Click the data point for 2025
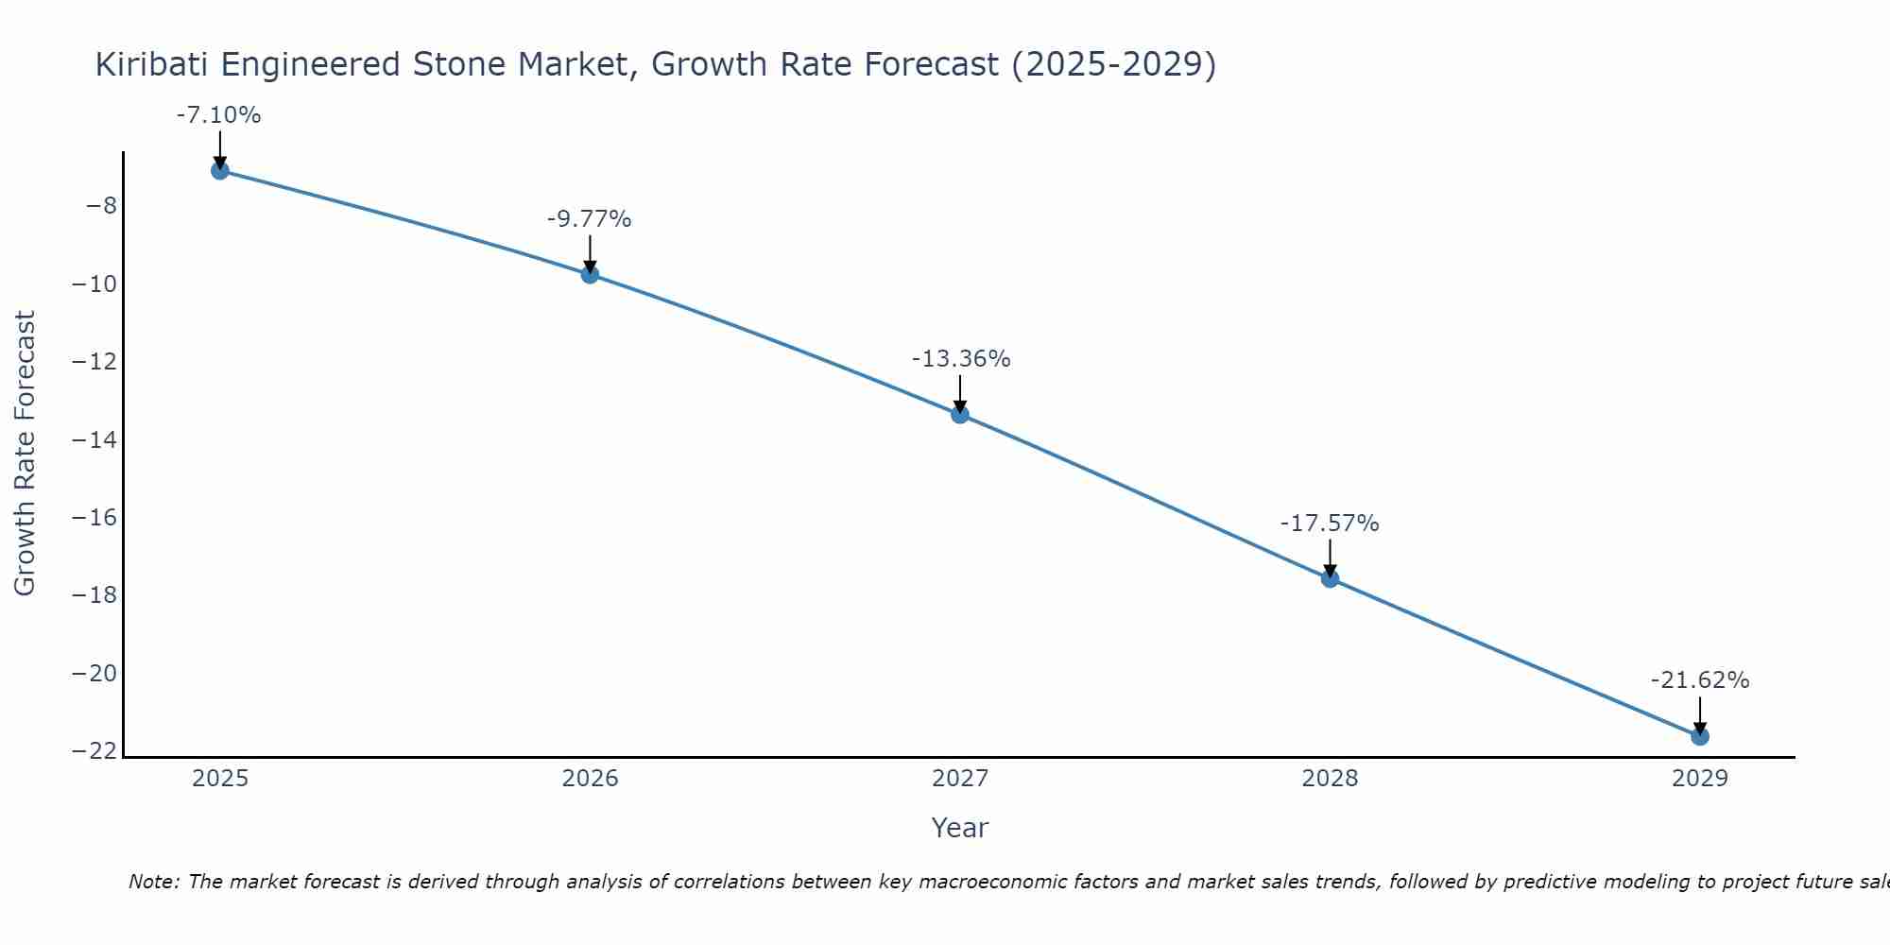coord(220,171)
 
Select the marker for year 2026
coord(590,275)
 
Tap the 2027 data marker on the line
coord(960,414)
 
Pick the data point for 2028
coord(1330,578)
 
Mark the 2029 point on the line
coord(1700,736)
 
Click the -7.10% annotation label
coord(218,115)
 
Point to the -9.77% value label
coord(589,219)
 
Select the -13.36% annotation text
coord(961,359)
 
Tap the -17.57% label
coord(1330,524)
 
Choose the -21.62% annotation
coord(1700,680)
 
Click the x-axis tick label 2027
coord(960,779)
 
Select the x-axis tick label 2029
coord(1700,779)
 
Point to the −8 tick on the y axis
coord(101,206)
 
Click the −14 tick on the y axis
coord(95,439)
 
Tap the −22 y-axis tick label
coord(95,751)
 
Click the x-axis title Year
coord(959,828)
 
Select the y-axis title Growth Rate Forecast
coord(25,453)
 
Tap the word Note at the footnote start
coord(152,882)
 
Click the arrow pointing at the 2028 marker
coord(1330,558)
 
